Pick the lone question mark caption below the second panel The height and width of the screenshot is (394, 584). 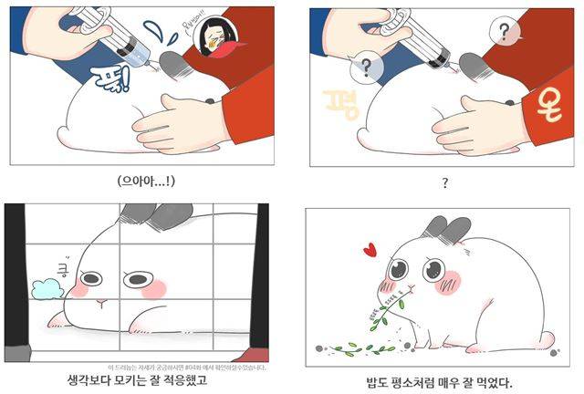pos(445,182)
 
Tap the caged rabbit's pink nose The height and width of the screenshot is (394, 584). pos(103,302)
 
